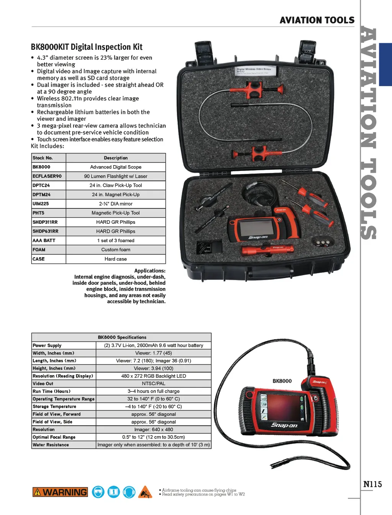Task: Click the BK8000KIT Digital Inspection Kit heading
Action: [x=87, y=47]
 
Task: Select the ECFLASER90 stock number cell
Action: [x=47, y=176]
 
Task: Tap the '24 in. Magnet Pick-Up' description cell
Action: [x=116, y=195]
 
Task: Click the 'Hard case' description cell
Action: [x=116, y=259]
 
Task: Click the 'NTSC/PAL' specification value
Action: [x=154, y=384]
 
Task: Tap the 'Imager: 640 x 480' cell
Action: [x=154, y=430]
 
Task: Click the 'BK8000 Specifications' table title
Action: [x=122, y=338]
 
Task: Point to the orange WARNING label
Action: [x=60, y=492]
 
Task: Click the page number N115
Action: [x=372, y=484]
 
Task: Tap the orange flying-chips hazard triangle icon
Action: [x=145, y=492]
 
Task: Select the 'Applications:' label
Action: [x=150, y=271]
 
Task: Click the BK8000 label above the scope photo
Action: [x=282, y=381]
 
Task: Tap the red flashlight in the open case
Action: [x=262, y=251]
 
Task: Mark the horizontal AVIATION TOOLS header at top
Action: [x=317, y=20]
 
